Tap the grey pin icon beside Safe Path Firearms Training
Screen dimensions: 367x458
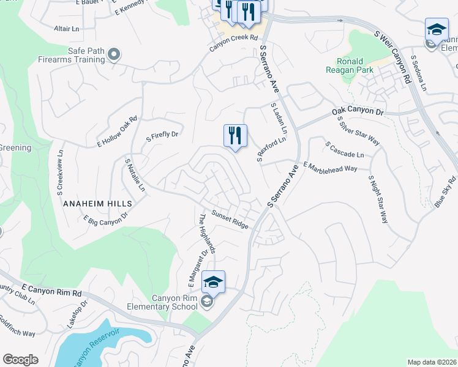click(x=113, y=56)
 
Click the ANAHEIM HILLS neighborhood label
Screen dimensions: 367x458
click(x=96, y=203)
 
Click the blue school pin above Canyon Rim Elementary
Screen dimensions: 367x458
click(x=213, y=282)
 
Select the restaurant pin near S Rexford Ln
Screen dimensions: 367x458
click(x=235, y=135)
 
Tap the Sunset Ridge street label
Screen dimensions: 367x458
click(x=230, y=220)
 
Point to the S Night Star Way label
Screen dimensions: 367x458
click(x=378, y=199)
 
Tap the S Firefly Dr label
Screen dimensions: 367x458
click(x=162, y=137)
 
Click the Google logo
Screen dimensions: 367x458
click(x=20, y=360)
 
